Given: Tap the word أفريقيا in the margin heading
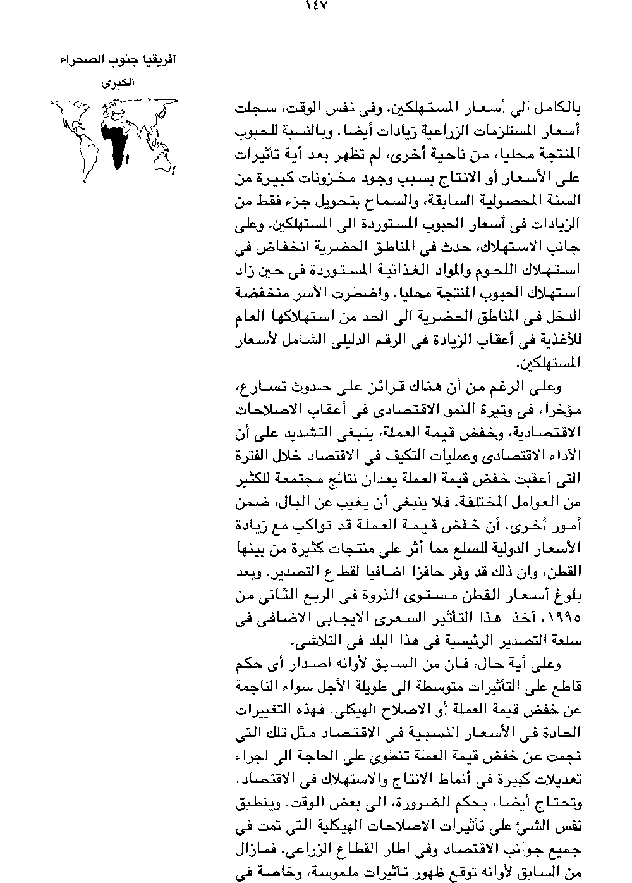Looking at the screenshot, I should coord(159,62).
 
